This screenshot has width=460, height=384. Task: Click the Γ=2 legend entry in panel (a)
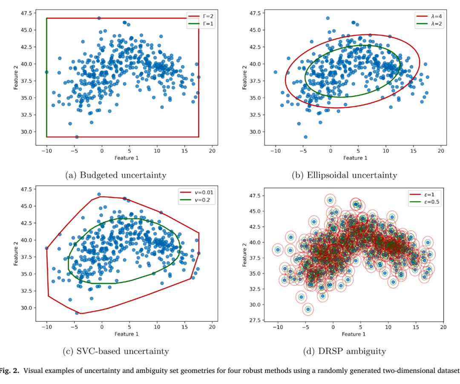click(201, 17)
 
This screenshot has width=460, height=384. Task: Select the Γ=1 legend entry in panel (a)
click(201, 24)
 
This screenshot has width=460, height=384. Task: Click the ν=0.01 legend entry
click(196, 192)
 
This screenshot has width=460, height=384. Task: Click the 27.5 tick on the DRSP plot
click(255, 320)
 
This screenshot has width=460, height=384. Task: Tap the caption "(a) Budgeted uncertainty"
click(116, 175)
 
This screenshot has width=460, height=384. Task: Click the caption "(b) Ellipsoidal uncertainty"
click(345, 175)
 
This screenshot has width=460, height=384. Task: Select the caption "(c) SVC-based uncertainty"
click(116, 351)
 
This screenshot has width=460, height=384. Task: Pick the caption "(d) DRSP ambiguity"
click(345, 351)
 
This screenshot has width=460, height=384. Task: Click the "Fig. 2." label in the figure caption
click(10, 371)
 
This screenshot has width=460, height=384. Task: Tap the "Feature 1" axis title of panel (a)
click(126, 158)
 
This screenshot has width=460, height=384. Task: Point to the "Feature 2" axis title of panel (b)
click(244, 77)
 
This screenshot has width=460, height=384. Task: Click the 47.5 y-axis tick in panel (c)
click(26, 189)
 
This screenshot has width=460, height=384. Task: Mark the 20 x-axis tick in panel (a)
click(212, 151)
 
